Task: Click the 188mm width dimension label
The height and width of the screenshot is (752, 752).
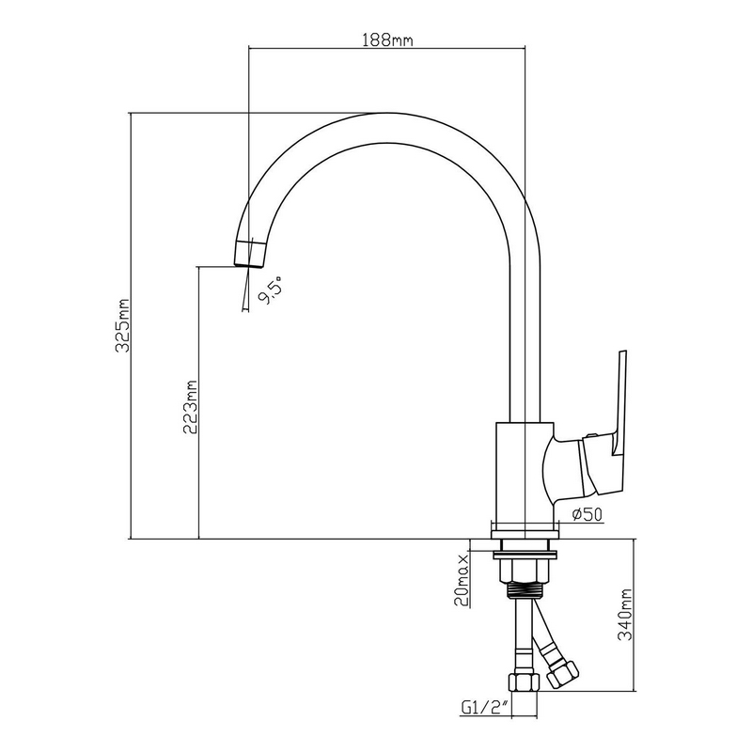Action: (x=387, y=39)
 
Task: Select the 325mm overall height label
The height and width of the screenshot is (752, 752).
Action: (x=123, y=325)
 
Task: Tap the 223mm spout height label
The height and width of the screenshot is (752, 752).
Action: (x=191, y=407)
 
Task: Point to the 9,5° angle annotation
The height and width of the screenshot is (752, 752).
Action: (x=271, y=290)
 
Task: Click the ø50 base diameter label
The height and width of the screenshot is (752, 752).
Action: (x=587, y=514)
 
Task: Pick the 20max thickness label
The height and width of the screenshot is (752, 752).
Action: (x=462, y=580)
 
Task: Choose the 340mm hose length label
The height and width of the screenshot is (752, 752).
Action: (x=625, y=616)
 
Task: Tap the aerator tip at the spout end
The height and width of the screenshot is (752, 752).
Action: (x=250, y=253)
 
